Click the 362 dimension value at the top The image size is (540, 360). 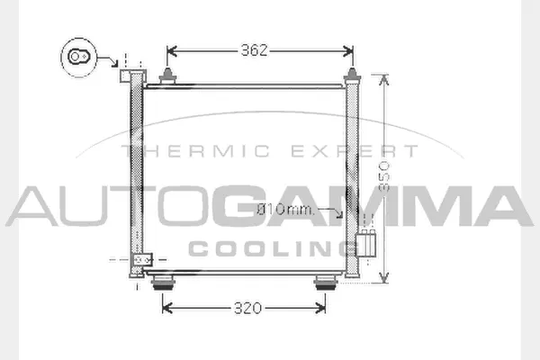click(x=255, y=50)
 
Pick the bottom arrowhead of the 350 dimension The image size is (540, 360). click(x=385, y=279)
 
